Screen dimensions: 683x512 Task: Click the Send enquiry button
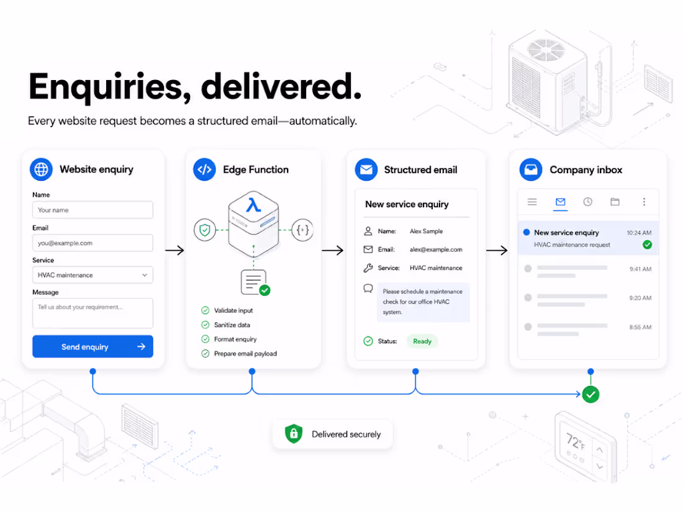pos(93,346)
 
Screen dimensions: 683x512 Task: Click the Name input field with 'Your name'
pos(93,210)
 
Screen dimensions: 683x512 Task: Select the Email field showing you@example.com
pos(93,243)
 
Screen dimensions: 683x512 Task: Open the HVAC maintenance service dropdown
pos(93,275)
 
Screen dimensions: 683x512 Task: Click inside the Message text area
pos(93,313)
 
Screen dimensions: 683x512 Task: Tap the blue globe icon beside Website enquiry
pos(42,169)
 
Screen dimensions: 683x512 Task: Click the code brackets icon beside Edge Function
pos(204,169)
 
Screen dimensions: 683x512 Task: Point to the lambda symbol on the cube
pos(253,205)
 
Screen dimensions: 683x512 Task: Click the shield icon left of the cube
pos(205,230)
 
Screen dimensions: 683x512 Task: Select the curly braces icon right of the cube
pos(303,230)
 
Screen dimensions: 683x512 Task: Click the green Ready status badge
pos(422,341)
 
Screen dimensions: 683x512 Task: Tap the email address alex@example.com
pos(436,249)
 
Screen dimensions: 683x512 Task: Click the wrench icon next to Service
pos(368,267)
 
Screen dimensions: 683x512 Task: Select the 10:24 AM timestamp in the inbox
pos(639,233)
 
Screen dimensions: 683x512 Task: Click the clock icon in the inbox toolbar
pos(587,202)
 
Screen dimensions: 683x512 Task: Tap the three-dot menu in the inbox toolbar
pos(644,202)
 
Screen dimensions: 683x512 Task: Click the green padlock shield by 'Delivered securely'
pos(294,434)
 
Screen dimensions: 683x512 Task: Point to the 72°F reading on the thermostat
pos(576,441)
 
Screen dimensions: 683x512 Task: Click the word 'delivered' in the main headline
pos(281,87)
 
